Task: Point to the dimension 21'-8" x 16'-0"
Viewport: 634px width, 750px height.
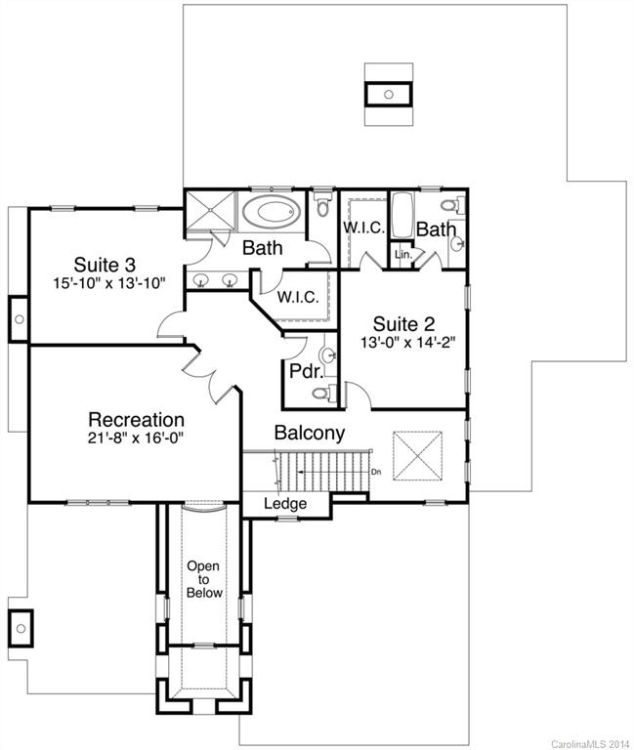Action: coord(137,437)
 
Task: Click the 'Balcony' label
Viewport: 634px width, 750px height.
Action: coord(309,433)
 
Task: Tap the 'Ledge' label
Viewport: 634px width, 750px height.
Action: coord(285,504)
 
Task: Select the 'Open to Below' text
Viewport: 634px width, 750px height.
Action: coord(205,579)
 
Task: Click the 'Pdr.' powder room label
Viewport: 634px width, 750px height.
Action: coord(302,371)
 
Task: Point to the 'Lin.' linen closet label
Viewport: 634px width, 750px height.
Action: coord(402,254)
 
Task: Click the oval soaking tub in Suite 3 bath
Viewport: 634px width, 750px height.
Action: coord(272,212)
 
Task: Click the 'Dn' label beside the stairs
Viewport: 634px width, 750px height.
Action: coord(376,472)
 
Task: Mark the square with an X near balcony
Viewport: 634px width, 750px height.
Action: coord(415,454)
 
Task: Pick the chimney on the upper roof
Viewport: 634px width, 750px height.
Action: coord(388,95)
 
